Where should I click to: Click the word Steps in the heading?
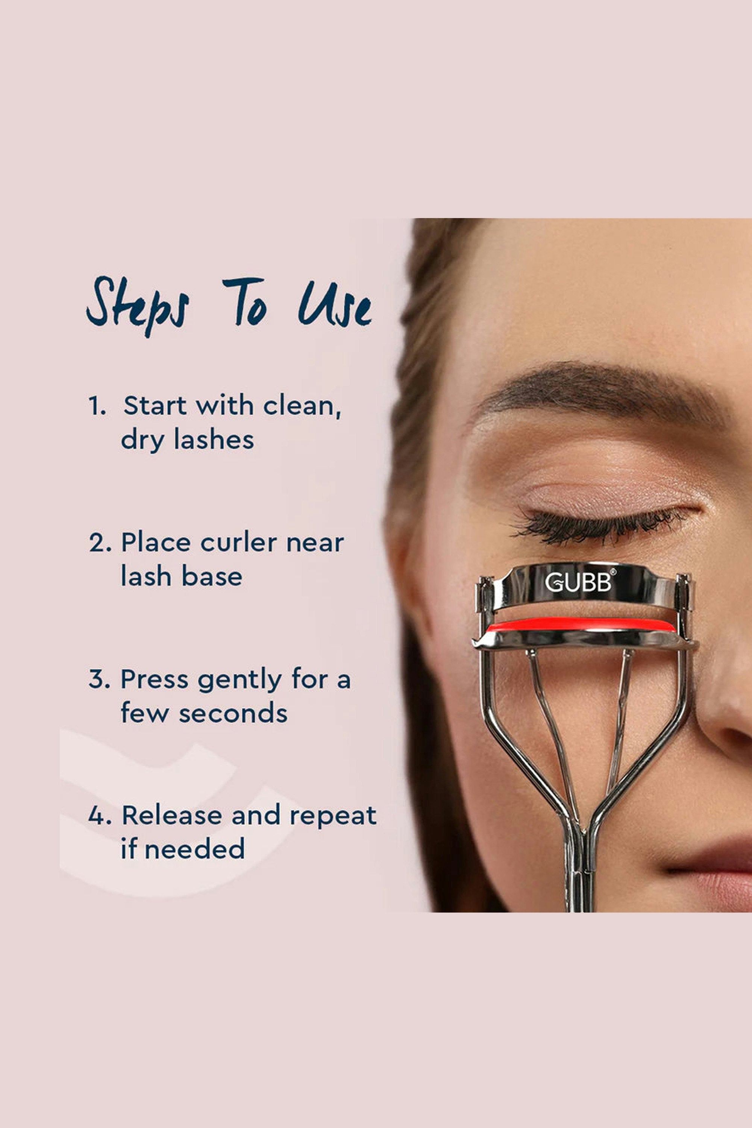tap(138, 306)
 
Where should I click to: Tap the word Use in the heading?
tap(335, 304)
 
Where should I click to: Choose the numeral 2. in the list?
tap(100, 543)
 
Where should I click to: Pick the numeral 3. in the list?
tap(100, 679)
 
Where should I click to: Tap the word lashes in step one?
tap(214, 440)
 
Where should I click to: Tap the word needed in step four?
tap(194, 849)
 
